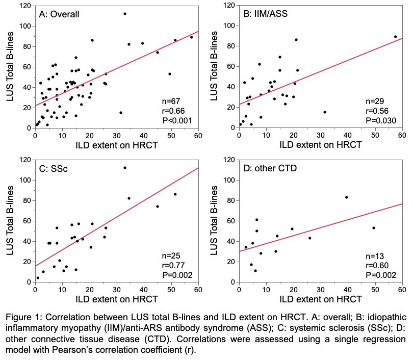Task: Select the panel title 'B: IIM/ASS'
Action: click(265, 14)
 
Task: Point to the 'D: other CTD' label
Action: click(270, 168)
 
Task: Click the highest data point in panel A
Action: click(125, 13)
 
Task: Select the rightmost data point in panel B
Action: click(395, 37)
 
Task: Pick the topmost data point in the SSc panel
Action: click(125, 167)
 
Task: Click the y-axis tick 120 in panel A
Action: click(24, 6)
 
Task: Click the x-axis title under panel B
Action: click(321, 145)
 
